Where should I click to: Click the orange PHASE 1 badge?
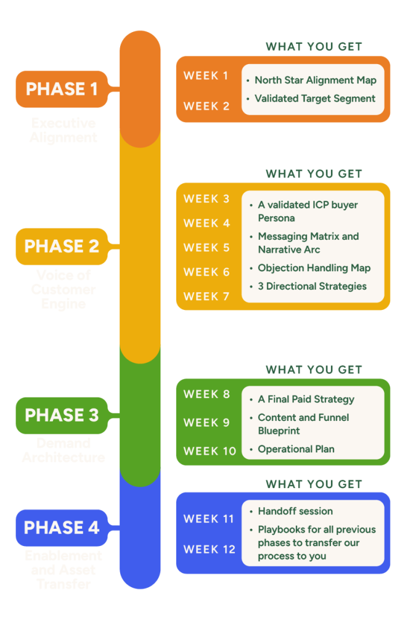pos(62,89)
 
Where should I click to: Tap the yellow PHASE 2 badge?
pos(62,246)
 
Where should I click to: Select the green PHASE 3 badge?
pos(62,415)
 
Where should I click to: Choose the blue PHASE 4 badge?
pos(62,528)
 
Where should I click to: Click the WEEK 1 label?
pos(206,76)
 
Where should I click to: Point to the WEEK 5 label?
pos(206,248)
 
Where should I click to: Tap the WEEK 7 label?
pos(206,296)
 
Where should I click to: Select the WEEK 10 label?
pos(210,451)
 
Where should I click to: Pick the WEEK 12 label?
pos(210,549)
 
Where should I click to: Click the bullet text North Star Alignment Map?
pos(315,80)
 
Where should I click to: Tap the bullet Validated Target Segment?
pos(314,98)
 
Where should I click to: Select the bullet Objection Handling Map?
pos(314,268)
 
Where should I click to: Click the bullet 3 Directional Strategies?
pos(312,286)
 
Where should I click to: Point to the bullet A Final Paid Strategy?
pos(306,399)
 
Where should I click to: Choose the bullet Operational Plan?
pos(296,449)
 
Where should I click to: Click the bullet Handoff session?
pos(295,511)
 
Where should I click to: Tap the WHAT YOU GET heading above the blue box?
pos(314,484)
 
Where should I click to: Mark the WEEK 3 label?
pos(206,199)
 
